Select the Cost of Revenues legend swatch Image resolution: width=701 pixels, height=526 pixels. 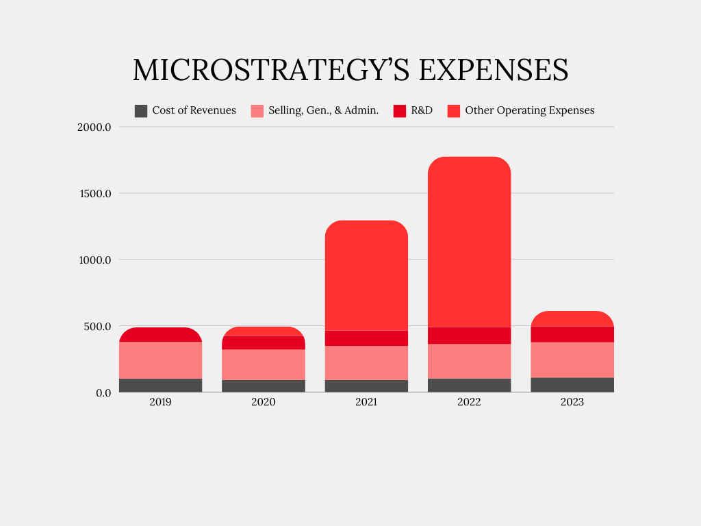point(141,110)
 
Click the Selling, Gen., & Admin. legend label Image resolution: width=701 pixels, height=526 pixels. point(323,110)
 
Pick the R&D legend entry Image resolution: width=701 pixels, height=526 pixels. point(422,110)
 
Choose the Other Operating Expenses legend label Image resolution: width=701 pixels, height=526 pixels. point(529,110)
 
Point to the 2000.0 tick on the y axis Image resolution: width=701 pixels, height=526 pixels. point(95,127)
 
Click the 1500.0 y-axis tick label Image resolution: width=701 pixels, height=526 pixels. point(95,193)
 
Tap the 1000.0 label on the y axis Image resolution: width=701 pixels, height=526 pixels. point(95,260)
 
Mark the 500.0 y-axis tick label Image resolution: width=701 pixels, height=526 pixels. point(98,326)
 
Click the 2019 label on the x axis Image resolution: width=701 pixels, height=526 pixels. point(160,402)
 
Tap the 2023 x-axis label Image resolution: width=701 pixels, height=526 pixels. point(572,402)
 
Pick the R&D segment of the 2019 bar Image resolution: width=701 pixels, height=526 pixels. point(160,335)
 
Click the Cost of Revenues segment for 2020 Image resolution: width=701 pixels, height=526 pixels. point(264,386)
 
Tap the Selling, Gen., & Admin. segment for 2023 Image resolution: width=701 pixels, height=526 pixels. point(572,360)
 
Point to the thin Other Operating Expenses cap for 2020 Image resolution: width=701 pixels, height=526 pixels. point(264,331)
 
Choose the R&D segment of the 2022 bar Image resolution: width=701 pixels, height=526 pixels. point(469,336)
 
